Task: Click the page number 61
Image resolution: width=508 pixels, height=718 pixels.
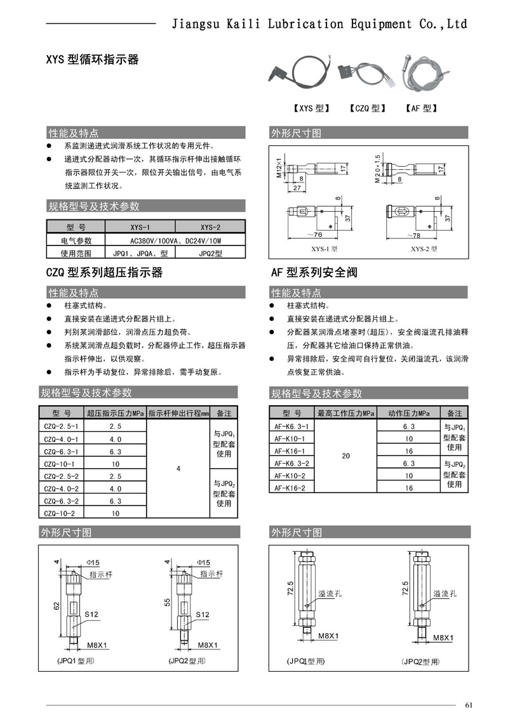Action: [469, 705]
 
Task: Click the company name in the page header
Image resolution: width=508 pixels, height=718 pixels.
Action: [321, 24]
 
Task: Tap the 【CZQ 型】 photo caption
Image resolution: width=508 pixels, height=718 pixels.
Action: [368, 108]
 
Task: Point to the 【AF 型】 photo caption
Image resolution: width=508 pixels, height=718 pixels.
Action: [421, 108]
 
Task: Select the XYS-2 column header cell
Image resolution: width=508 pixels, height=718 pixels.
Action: [210, 227]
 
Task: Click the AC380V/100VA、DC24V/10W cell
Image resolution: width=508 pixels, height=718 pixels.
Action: [175, 240]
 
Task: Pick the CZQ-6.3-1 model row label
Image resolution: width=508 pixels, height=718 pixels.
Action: [60, 452]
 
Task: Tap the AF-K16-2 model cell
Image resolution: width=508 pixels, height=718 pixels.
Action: [290, 488]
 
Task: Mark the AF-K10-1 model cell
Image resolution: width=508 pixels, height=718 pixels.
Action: [290, 439]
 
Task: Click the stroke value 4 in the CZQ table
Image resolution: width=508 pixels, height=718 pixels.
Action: [178, 469]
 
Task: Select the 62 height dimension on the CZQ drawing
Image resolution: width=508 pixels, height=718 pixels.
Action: [57, 606]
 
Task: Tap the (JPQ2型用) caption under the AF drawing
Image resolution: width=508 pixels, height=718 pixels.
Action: [420, 662]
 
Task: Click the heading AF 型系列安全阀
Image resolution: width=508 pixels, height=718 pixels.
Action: [314, 273]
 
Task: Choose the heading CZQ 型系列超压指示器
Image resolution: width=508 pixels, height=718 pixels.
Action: [105, 273]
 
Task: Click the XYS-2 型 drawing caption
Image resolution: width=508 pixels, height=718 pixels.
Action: [424, 249]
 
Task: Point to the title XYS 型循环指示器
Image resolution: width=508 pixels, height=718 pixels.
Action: [92, 60]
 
